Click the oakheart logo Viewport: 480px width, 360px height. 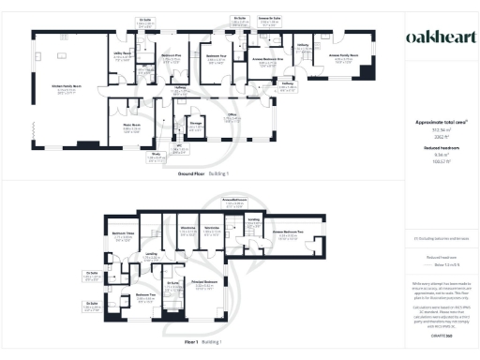tap(435, 37)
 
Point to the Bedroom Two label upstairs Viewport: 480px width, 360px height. tap(143, 295)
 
